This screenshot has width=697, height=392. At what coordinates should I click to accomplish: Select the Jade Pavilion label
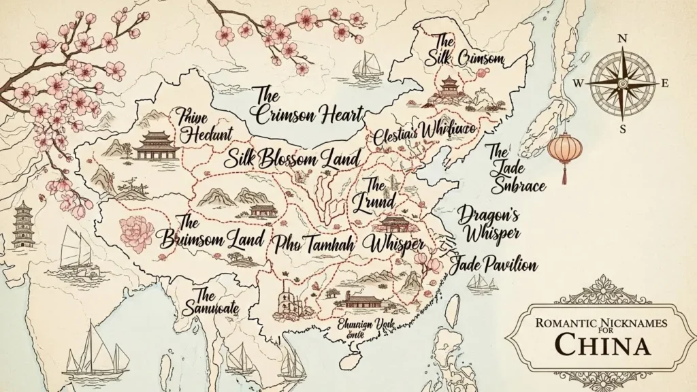tap(493, 265)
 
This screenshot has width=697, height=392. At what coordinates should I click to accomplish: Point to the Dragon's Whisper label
tap(489, 224)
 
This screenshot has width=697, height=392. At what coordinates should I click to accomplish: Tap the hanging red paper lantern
tap(562, 151)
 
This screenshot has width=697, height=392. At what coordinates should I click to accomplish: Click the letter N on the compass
tap(621, 39)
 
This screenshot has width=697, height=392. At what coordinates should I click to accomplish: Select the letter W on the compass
tap(579, 83)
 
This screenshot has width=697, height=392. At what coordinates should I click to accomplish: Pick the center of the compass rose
tap(622, 82)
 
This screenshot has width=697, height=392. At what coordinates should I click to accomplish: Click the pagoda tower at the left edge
tap(22, 225)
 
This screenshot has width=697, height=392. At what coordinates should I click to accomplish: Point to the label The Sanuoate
tap(210, 301)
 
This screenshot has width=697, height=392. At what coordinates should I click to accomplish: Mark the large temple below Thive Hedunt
tap(157, 145)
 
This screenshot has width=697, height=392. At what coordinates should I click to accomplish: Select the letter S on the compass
tap(621, 128)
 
